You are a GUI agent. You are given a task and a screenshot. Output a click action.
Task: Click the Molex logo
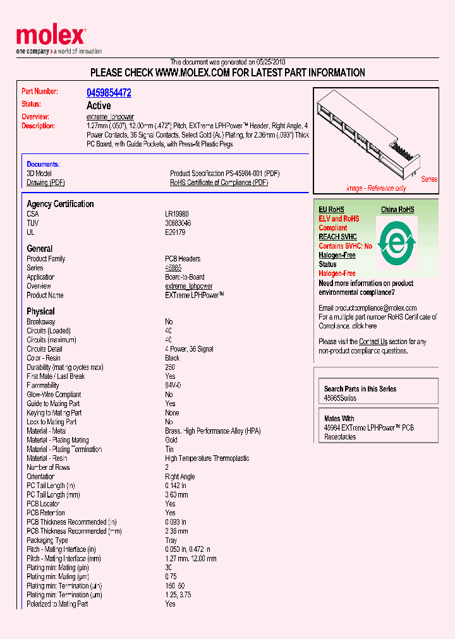[x=50, y=37]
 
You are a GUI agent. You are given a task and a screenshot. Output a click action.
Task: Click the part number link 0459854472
[x=109, y=93]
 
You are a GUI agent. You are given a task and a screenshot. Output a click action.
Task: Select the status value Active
[x=98, y=105]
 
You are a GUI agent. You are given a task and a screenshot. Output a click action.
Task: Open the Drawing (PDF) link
[x=45, y=182]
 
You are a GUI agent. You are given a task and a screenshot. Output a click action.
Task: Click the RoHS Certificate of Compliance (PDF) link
[x=219, y=182]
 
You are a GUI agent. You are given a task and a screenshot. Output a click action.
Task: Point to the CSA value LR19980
[x=177, y=214]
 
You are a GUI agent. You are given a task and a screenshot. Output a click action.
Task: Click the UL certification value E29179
[x=175, y=232]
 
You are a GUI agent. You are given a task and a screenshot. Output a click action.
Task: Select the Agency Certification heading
[x=60, y=204]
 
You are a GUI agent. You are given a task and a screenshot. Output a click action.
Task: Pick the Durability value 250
[x=170, y=367]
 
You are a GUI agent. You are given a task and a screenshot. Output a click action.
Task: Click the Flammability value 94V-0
[x=173, y=385]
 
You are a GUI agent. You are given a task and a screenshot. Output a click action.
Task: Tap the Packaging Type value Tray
[x=171, y=540]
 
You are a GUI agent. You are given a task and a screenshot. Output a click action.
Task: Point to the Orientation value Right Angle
[x=179, y=477]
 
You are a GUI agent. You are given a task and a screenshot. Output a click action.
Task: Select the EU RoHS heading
[x=331, y=210]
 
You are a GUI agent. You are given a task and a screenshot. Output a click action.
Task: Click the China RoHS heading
[x=397, y=210]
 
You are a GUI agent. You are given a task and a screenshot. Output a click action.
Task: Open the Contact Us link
[x=373, y=342]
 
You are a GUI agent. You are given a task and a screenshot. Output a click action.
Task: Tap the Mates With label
[x=339, y=419]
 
